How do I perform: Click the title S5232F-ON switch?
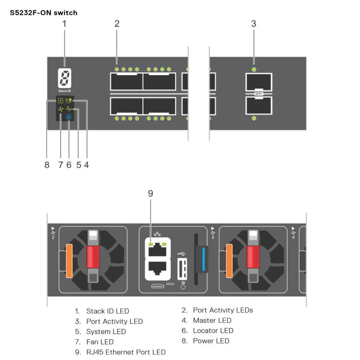tap(43, 13)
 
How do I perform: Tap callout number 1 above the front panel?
tap(64, 23)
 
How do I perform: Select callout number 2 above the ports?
tap(117, 23)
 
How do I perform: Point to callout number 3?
tap(254, 23)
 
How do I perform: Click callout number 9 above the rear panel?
tap(151, 193)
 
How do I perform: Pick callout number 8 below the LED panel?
tap(47, 165)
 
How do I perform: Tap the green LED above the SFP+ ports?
tap(254, 69)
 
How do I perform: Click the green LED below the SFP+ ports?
tap(254, 118)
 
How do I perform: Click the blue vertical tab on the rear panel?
tap(205, 259)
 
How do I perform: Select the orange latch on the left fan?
tap(69, 260)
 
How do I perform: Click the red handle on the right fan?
tap(253, 255)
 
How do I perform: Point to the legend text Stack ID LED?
tap(108, 311)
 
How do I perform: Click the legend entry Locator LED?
tap(213, 331)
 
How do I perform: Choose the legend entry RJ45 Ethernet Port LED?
tap(126, 352)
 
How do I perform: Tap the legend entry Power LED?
tap(211, 341)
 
